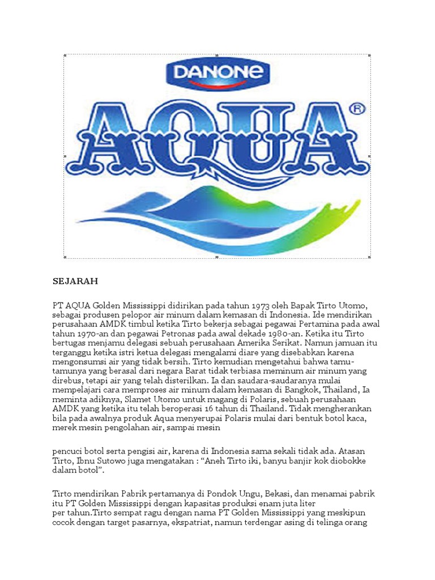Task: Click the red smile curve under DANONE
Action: pos(217,84)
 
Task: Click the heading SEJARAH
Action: pos(75,281)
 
